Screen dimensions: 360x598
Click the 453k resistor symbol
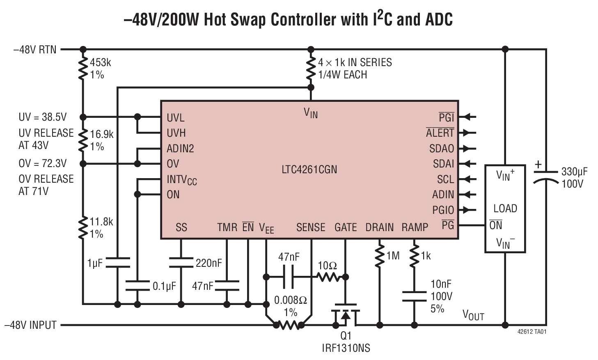coord(83,69)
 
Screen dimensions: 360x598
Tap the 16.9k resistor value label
coord(101,134)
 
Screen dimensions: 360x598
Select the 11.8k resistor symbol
coord(83,228)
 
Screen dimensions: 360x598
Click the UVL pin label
coord(175,118)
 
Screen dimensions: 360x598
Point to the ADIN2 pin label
coord(180,149)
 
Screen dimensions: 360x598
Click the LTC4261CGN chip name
coord(309,170)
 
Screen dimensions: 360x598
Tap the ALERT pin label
coord(440,133)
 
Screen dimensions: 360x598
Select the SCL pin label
coord(445,179)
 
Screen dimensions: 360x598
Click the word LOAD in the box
coord(505,209)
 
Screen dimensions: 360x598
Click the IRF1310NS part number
coord(346,349)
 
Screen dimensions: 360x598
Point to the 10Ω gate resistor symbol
coord(328,277)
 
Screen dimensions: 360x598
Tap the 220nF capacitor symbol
coord(181,263)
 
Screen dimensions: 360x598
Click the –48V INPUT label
coord(30,325)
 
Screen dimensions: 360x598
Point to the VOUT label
coord(473,315)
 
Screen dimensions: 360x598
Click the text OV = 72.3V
coord(42,163)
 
